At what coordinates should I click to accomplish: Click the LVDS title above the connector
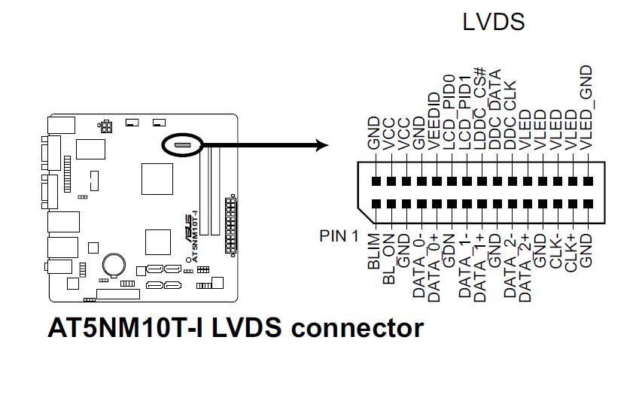tap(493, 22)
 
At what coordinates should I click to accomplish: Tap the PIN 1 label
tap(339, 236)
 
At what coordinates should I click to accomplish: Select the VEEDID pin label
tap(434, 120)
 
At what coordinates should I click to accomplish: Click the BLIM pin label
tap(374, 252)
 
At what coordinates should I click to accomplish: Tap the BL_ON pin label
tap(389, 257)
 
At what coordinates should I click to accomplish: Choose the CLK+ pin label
tap(571, 253)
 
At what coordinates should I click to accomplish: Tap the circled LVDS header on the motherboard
tap(181, 144)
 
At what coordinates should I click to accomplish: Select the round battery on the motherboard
tap(115, 262)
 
